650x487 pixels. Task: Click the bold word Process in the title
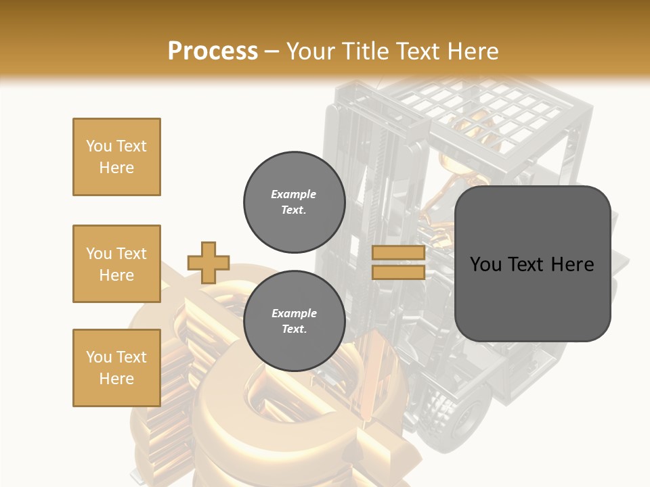[213, 51]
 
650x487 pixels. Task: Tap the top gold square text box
[116, 157]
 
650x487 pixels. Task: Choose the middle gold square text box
[116, 264]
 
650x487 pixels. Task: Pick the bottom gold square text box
[116, 368]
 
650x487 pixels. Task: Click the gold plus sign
[209, 262]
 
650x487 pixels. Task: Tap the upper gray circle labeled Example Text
[294, 202]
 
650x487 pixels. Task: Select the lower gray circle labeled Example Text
[294, 321]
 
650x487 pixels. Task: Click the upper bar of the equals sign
[398, 253]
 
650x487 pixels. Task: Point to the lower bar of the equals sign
[398, 273]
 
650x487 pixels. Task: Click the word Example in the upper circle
[294, 194]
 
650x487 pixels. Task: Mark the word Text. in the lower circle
[294, 329]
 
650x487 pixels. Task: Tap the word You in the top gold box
[98, 146]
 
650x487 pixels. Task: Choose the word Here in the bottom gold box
[116, 379]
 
